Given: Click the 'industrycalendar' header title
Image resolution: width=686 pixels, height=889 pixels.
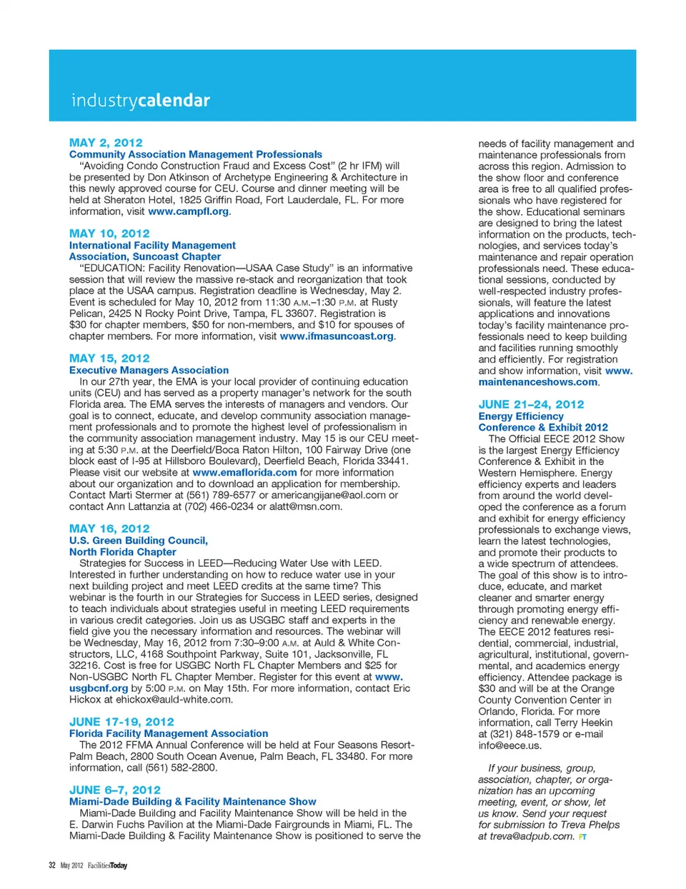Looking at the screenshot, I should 141,101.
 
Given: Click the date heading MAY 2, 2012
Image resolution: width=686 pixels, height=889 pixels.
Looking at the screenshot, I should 106,143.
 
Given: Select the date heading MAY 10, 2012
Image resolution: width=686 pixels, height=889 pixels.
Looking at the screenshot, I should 109,233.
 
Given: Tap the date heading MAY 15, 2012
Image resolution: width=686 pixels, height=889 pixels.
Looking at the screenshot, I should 109,358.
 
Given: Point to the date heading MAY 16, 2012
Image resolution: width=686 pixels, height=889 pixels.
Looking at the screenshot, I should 109,528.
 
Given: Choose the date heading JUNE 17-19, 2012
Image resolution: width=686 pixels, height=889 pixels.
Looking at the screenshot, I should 121,722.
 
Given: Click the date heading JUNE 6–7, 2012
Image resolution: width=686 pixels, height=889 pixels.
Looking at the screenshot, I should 115,790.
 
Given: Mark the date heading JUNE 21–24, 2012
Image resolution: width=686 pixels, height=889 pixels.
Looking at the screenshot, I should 531,404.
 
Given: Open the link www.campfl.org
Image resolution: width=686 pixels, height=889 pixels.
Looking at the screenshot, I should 189,211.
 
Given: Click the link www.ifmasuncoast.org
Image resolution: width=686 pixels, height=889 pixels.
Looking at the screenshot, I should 337,336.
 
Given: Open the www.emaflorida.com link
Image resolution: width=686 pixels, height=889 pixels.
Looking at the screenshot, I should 244,473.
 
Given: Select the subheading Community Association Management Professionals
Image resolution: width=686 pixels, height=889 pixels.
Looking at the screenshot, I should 196,154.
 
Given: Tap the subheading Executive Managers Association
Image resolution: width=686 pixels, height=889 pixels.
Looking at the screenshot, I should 149,371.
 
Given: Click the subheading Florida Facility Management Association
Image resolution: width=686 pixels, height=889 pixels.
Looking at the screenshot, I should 169,733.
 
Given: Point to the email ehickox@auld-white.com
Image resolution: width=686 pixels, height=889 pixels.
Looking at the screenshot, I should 174,700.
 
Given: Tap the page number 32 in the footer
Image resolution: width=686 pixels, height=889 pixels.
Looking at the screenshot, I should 52,865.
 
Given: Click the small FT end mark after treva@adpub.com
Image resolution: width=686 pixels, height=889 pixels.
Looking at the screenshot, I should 582,837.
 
